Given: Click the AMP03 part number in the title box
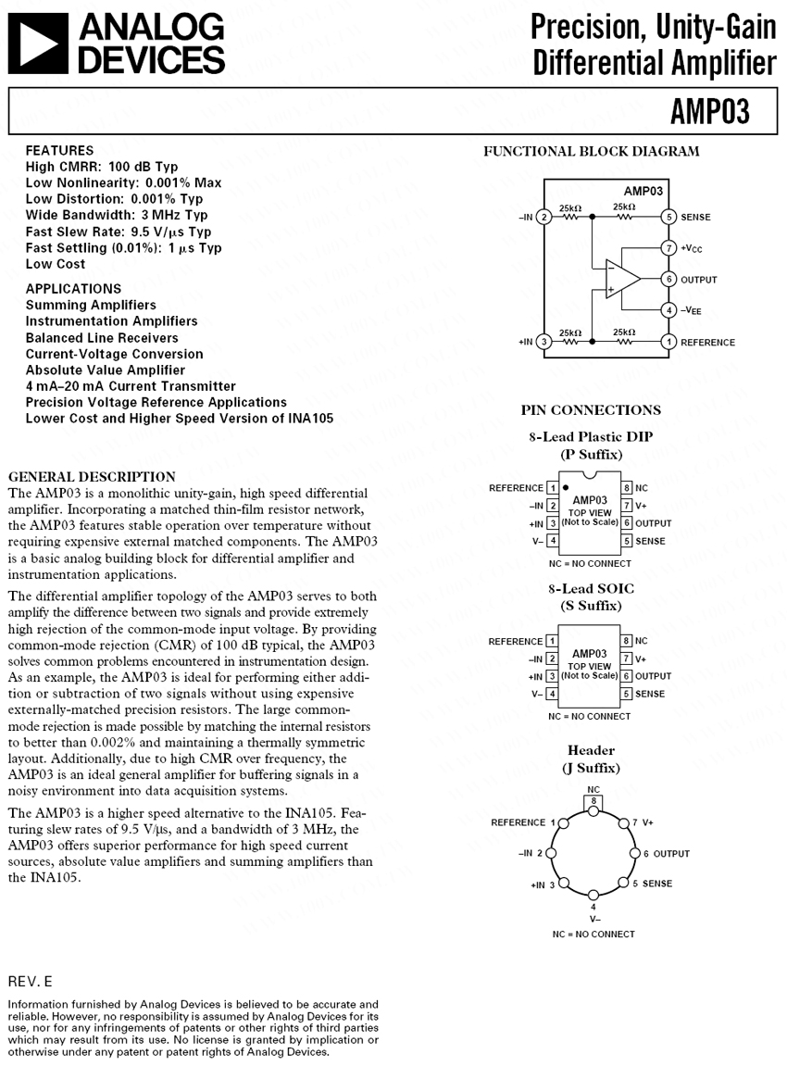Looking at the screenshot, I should click(x=710, y=112).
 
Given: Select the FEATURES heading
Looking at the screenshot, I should click(x=59, y=150).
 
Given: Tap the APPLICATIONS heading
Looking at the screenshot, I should click(x=73, y=288).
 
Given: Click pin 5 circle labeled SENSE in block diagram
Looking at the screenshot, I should click(x=668, y=217).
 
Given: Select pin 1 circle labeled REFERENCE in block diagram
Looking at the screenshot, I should click(x=668, y=342).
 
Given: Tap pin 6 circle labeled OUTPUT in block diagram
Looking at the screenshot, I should click(x=668, y=279).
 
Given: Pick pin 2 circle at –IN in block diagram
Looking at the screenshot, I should click(x=544, y=217).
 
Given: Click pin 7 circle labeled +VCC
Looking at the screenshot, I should click(x=668, y=248).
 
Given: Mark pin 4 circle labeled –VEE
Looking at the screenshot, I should click(x=668, y=310).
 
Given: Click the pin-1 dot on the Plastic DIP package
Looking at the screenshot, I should click(x=566, y=486).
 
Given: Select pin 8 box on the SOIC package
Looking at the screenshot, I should click(x=627, y=641).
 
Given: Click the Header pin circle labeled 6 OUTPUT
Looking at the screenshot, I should click(x=635, y=853).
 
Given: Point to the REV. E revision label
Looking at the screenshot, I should click(x=31, y=980).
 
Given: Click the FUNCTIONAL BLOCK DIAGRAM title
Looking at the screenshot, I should click(x=591, y=151).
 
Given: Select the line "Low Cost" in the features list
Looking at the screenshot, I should click(x=56, y=264).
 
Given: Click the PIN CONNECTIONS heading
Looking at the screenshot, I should click(x=591, y=409).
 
